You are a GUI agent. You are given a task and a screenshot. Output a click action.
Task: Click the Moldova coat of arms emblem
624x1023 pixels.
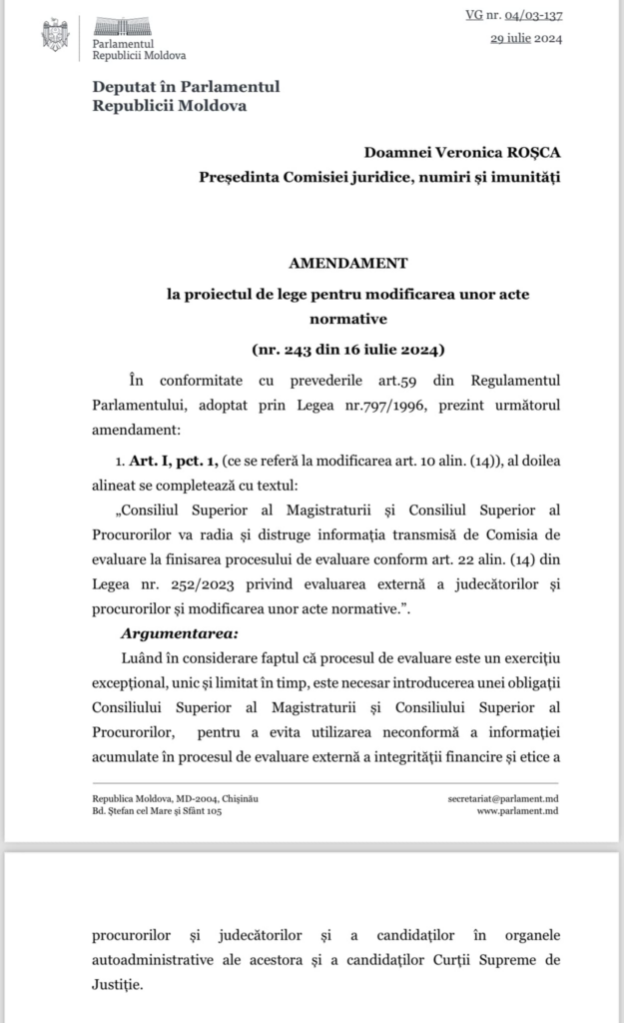56,35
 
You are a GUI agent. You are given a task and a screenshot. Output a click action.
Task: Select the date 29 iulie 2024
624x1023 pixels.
526,40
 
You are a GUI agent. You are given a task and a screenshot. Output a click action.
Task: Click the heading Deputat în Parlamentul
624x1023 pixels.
186,87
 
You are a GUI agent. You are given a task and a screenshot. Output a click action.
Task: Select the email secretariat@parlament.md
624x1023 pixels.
504,801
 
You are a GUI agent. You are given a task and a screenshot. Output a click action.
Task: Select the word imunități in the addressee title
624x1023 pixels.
530,177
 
